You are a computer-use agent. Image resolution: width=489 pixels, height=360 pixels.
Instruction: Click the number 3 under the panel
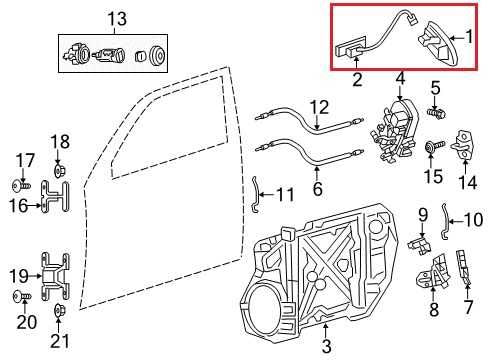(x=325, y=347)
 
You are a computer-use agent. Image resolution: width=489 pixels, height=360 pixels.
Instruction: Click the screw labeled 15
(x=433, y=150)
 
